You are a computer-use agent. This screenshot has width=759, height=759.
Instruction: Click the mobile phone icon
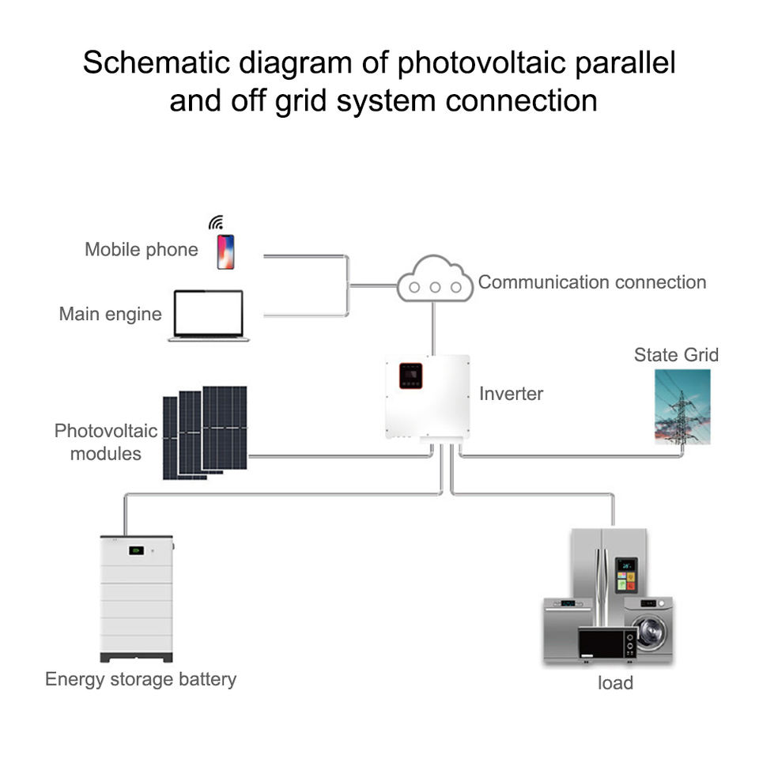[225, 251]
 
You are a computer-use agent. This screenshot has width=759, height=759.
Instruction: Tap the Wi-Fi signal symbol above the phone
[217, 223]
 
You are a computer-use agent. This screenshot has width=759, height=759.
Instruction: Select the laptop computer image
[209, 315]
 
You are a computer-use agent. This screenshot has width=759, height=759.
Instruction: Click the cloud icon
[435, 279]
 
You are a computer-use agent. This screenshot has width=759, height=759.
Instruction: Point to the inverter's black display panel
[411, 376]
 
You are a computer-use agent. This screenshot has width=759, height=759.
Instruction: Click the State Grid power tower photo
[682, 406]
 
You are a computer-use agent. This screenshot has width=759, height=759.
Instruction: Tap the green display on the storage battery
[136, 550]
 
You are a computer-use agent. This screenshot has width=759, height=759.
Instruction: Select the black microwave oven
[607, 643]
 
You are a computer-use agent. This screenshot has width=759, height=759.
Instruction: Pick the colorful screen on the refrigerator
[626, 575]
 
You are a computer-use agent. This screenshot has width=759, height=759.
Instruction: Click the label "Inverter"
[512, 394]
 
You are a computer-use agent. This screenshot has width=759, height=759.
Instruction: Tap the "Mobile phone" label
[142, 250]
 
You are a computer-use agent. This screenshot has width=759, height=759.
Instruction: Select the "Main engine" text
[111, 314]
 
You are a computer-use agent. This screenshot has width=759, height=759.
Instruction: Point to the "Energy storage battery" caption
[141, 679]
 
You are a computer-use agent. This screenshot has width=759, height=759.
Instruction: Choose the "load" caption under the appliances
[615, 682]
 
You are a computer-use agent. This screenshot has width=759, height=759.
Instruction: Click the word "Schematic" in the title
[157, 62]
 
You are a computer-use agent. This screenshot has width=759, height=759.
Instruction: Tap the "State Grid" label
[676, 355]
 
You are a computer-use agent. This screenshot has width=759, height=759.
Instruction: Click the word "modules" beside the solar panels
[105, 454]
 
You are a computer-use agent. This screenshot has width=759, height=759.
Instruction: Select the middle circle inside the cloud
[435, 287]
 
